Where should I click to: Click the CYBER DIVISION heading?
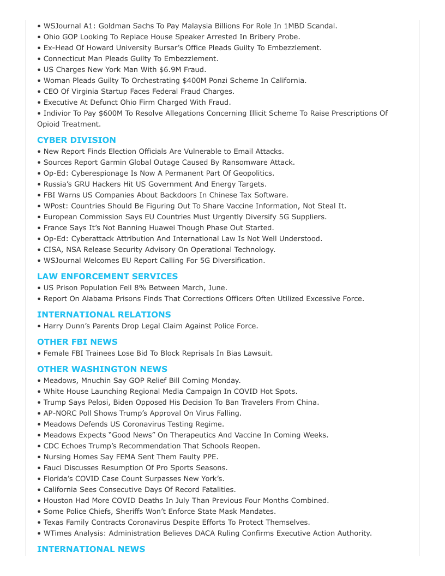(76, 140)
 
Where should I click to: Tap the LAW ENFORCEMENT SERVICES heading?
(107, 277)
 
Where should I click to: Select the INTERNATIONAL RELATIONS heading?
(104, 315)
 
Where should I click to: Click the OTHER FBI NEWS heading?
(77, 342)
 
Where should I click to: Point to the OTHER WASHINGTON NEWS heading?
(102, 369)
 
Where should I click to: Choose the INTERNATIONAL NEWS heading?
(91, 549)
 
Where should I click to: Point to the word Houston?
(58, 501)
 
